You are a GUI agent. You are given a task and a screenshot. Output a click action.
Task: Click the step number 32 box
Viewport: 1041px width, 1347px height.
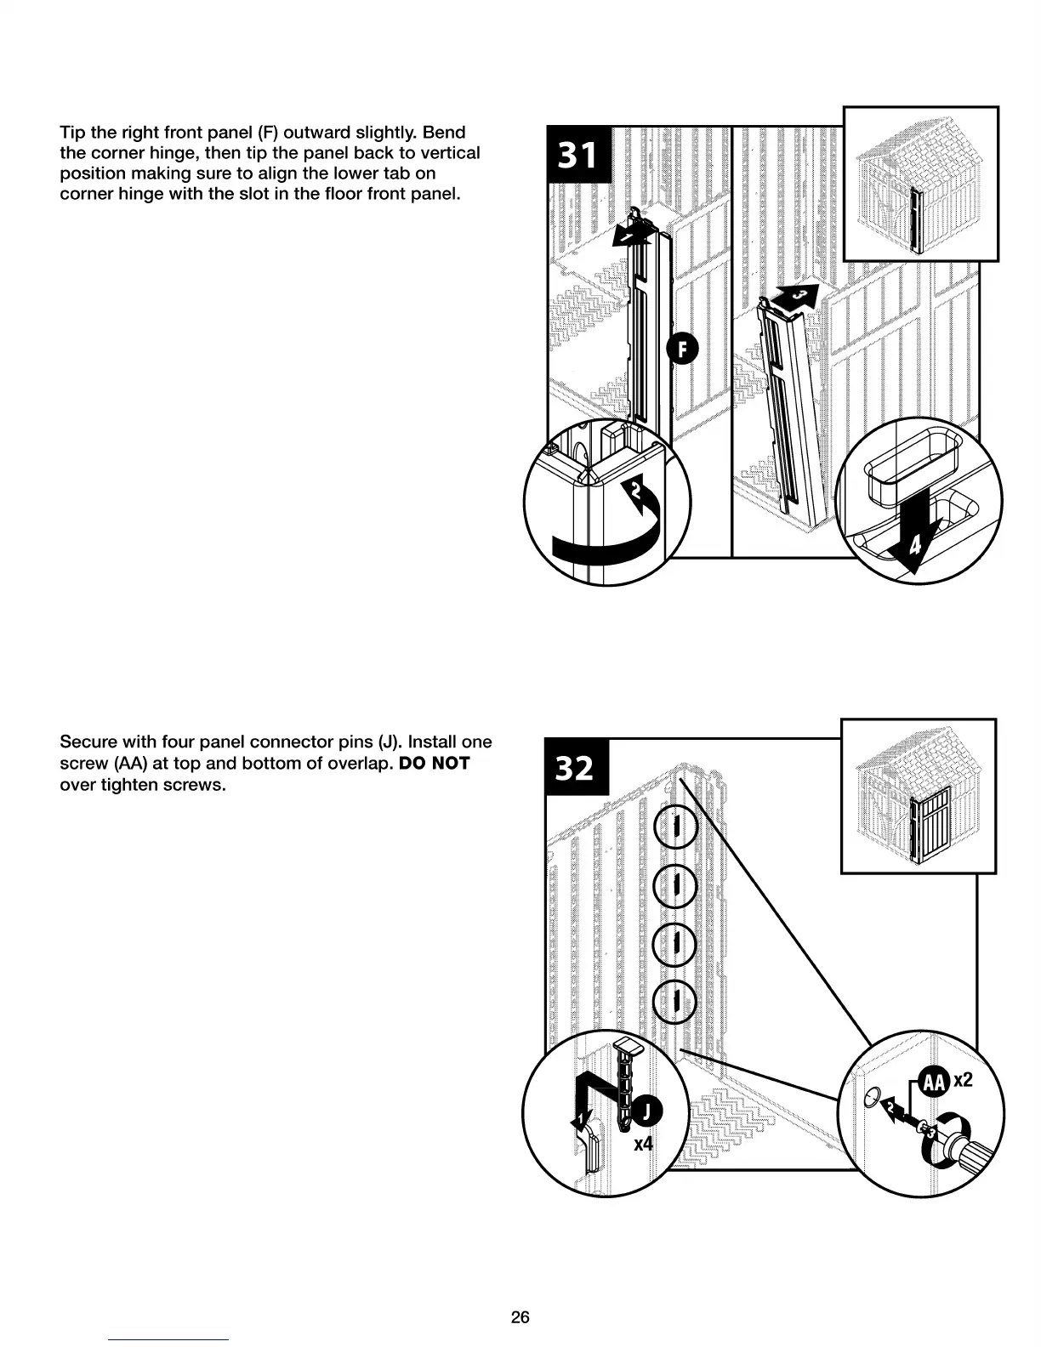[575, 767]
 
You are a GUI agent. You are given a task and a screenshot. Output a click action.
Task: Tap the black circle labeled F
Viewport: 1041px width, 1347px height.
[682, 350]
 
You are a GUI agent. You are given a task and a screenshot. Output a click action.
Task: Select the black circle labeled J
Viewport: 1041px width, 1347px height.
[647, 1111]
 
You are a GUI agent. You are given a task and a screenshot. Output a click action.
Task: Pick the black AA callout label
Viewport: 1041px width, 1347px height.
[934, 1082]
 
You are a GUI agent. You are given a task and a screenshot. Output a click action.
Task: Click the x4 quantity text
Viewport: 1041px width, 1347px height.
[644, 1144]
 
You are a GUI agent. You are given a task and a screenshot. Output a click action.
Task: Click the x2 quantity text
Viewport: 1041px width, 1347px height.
[963, 1080]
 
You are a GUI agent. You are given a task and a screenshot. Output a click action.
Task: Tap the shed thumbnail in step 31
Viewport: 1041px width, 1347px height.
[920, 184]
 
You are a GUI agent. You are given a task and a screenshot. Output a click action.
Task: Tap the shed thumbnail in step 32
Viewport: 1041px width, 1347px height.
[918, 796]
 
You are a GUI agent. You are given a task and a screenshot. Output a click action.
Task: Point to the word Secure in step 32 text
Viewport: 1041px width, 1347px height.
[88, 742]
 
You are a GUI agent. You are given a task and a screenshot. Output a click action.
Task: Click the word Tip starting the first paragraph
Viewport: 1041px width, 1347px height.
[72, 133]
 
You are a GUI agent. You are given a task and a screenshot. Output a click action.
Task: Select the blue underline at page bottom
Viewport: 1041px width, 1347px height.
[168, 1339]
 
